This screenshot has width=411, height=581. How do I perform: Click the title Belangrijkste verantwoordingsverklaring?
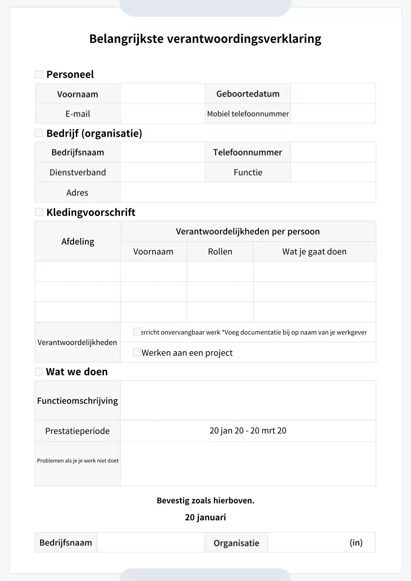click(x=205, y=39)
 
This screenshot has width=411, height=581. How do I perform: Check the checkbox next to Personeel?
click(x=39, y=74)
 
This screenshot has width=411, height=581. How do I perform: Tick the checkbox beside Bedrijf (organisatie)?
click(x=39, y=133)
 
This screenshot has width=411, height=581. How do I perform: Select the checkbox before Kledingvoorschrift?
click(x=39, y=212)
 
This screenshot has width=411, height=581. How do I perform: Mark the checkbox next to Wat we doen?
click(x=39, y=372)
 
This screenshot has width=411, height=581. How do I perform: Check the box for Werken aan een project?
click(x=137, y=352)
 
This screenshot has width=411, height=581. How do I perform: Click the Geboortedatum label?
click(x=248, y=94)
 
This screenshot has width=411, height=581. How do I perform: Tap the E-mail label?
click(x=78, y=114)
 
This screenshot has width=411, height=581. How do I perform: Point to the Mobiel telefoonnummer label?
click(x=248, y=114)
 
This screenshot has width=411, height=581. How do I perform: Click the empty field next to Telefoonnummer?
click(x=333, y=153)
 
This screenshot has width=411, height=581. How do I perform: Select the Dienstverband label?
click(x=78, y=172)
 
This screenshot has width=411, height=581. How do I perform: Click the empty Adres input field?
click(x=248, y=192)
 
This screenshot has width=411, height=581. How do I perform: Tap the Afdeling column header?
click(x=78, y=241)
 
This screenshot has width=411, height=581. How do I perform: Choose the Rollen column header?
click(x=220, y=251)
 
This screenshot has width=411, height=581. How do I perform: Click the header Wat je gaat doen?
click(x=314, y=251)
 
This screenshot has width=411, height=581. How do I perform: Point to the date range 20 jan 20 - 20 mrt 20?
click(x=248, y=431)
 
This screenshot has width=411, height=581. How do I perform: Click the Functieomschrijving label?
click(x=78, y=401)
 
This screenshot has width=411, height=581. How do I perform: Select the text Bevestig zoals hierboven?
click(x=205, y=501)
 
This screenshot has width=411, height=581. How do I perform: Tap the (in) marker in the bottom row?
click(x=356, y=542)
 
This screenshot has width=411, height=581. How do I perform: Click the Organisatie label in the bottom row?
click(x=236, y=543)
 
